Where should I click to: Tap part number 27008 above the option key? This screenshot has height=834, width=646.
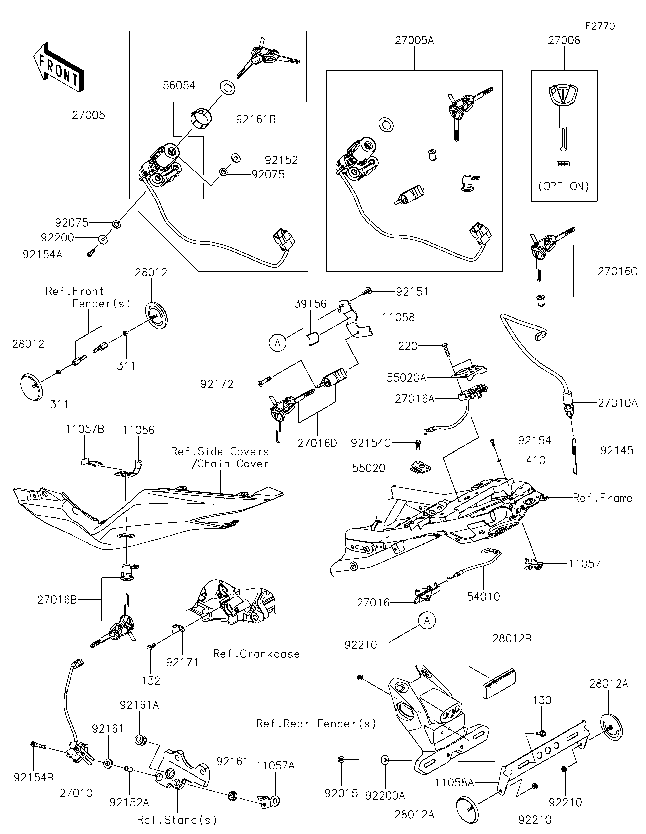[x=564, y=41]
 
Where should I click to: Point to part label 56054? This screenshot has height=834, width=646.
[x=179, y=85]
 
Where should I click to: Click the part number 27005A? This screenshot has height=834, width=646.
[x=414, y=41]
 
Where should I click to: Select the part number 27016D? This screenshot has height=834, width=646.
[x=317, y=443]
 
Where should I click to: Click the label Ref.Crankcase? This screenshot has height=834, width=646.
[x=256, y=654]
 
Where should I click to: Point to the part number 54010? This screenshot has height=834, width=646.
[x=483, y=597]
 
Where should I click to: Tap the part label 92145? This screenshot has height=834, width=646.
[x=617, y=451]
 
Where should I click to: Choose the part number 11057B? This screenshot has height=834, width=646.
[x=84, y=429]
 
